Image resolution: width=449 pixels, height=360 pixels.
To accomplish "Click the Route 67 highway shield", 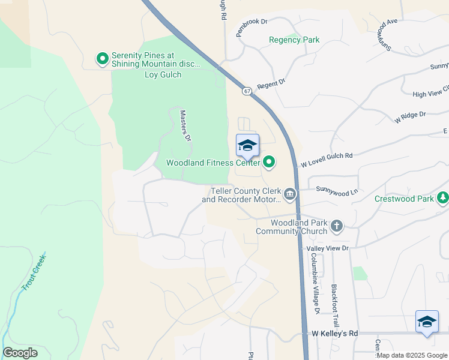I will (x=247, y=91).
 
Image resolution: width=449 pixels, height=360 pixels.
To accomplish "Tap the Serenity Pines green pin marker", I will (x=102, y=59).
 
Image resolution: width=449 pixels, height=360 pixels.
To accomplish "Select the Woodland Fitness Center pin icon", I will (x=270, y=161).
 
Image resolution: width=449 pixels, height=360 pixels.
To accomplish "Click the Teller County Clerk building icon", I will (x=290, y=194).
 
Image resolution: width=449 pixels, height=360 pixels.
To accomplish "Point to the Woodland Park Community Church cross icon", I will (x=337, y=226).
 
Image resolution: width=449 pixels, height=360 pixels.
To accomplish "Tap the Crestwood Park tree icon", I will (x=443, y=197).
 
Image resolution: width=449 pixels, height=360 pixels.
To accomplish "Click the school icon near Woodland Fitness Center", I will (x=247, y=145).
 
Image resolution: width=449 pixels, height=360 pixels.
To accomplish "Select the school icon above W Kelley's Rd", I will (x=427, y=322).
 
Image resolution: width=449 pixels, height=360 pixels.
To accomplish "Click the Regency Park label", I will (x=294, y=40).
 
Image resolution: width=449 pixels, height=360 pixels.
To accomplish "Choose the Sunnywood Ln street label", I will (x=337, y=191).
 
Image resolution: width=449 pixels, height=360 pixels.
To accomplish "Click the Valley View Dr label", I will (x=327, y=248).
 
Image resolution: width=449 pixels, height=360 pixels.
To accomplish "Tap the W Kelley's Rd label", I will (x=335, y=333).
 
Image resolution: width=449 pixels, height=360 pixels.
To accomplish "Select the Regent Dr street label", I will (x=271, y=85).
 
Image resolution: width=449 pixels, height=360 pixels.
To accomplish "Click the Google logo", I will (x=20, y=353).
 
